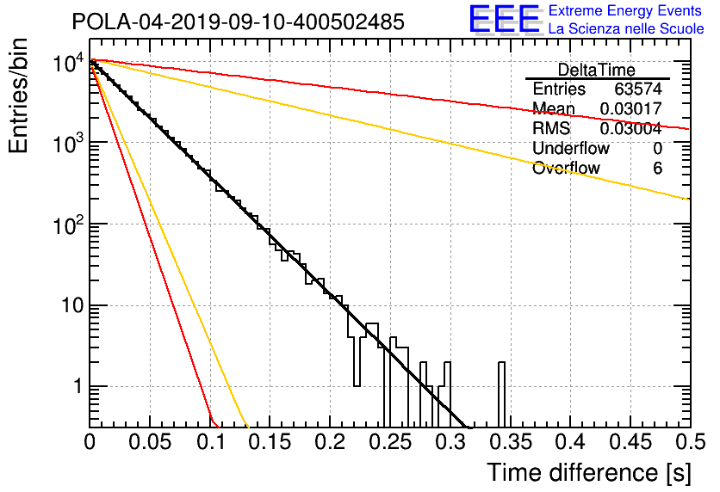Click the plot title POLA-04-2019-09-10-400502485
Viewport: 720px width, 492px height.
coord(239,22)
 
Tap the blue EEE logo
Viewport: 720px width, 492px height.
coord(505,20)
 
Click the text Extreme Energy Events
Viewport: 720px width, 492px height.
coord(625,10)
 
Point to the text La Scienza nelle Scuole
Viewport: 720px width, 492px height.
coord(626,28)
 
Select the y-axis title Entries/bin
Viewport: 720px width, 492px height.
coord(19,96)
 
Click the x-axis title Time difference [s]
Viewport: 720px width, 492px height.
coord(589,472)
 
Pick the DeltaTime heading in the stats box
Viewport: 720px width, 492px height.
coord(597,70)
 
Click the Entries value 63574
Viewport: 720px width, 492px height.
coord(638,89)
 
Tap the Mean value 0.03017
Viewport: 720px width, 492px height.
coord(631,108)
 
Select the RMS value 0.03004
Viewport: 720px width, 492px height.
coord(631,129)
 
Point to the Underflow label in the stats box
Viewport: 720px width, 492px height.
coord(571,148)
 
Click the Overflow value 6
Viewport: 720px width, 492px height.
coord(657,169)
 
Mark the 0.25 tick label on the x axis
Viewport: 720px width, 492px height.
coord(391,442)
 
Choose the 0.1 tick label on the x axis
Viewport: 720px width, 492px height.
coord(211,442)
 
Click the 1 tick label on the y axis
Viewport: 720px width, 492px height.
coord(78,386)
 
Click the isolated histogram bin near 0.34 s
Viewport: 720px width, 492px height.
coord(501,395)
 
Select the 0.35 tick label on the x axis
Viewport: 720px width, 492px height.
coord(511,442)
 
